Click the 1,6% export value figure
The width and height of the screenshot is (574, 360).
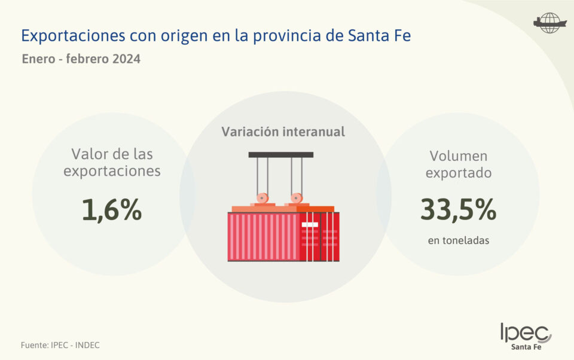click(x=112, y=210)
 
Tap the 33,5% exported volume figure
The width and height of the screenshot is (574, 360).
click(x=458, y=210)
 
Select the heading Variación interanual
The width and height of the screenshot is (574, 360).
click(x=283, y=132)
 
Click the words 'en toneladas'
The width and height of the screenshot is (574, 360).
click(x=458, y=241)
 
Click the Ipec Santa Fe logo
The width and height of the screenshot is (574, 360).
click(x=526, y=337)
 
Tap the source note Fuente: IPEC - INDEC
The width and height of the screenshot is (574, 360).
click(x=60, y=345)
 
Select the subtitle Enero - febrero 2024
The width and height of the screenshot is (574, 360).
click(x=81, y=60)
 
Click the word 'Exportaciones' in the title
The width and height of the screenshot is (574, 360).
click(x=73, y=36)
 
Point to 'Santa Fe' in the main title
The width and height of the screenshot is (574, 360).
click(x=379, y=36)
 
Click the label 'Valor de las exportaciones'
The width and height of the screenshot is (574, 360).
click(x=112, y=163)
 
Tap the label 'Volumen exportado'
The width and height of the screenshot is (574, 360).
click(x=458, y=164)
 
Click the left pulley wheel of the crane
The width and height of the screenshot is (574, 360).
click(x=262, y=198)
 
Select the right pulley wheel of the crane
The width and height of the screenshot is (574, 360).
click(x=296, y=198)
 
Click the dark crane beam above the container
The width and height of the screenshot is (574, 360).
click(x=281, y=155)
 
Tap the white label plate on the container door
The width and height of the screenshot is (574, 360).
click(x=310, y=224)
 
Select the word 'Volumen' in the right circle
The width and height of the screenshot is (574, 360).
click(x=458, y=157)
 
